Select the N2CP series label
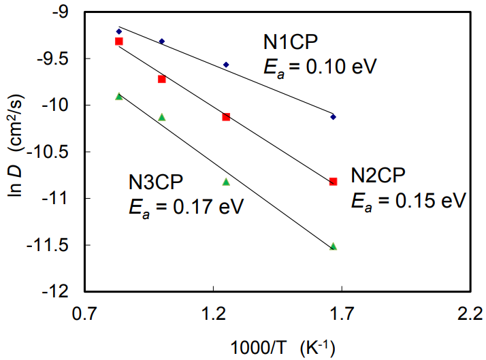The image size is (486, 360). coord(378,176)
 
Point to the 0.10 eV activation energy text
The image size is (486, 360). coord(320,67)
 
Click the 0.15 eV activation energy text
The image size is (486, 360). coord(408,200)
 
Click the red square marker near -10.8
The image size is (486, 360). coord(333,181)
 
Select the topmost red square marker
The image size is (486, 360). coord(119,42)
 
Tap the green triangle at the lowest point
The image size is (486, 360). coord(333,246)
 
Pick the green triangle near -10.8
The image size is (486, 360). coord(226,182)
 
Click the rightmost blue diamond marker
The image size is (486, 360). coord(333,117)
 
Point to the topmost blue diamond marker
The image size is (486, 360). coord(119,31)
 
